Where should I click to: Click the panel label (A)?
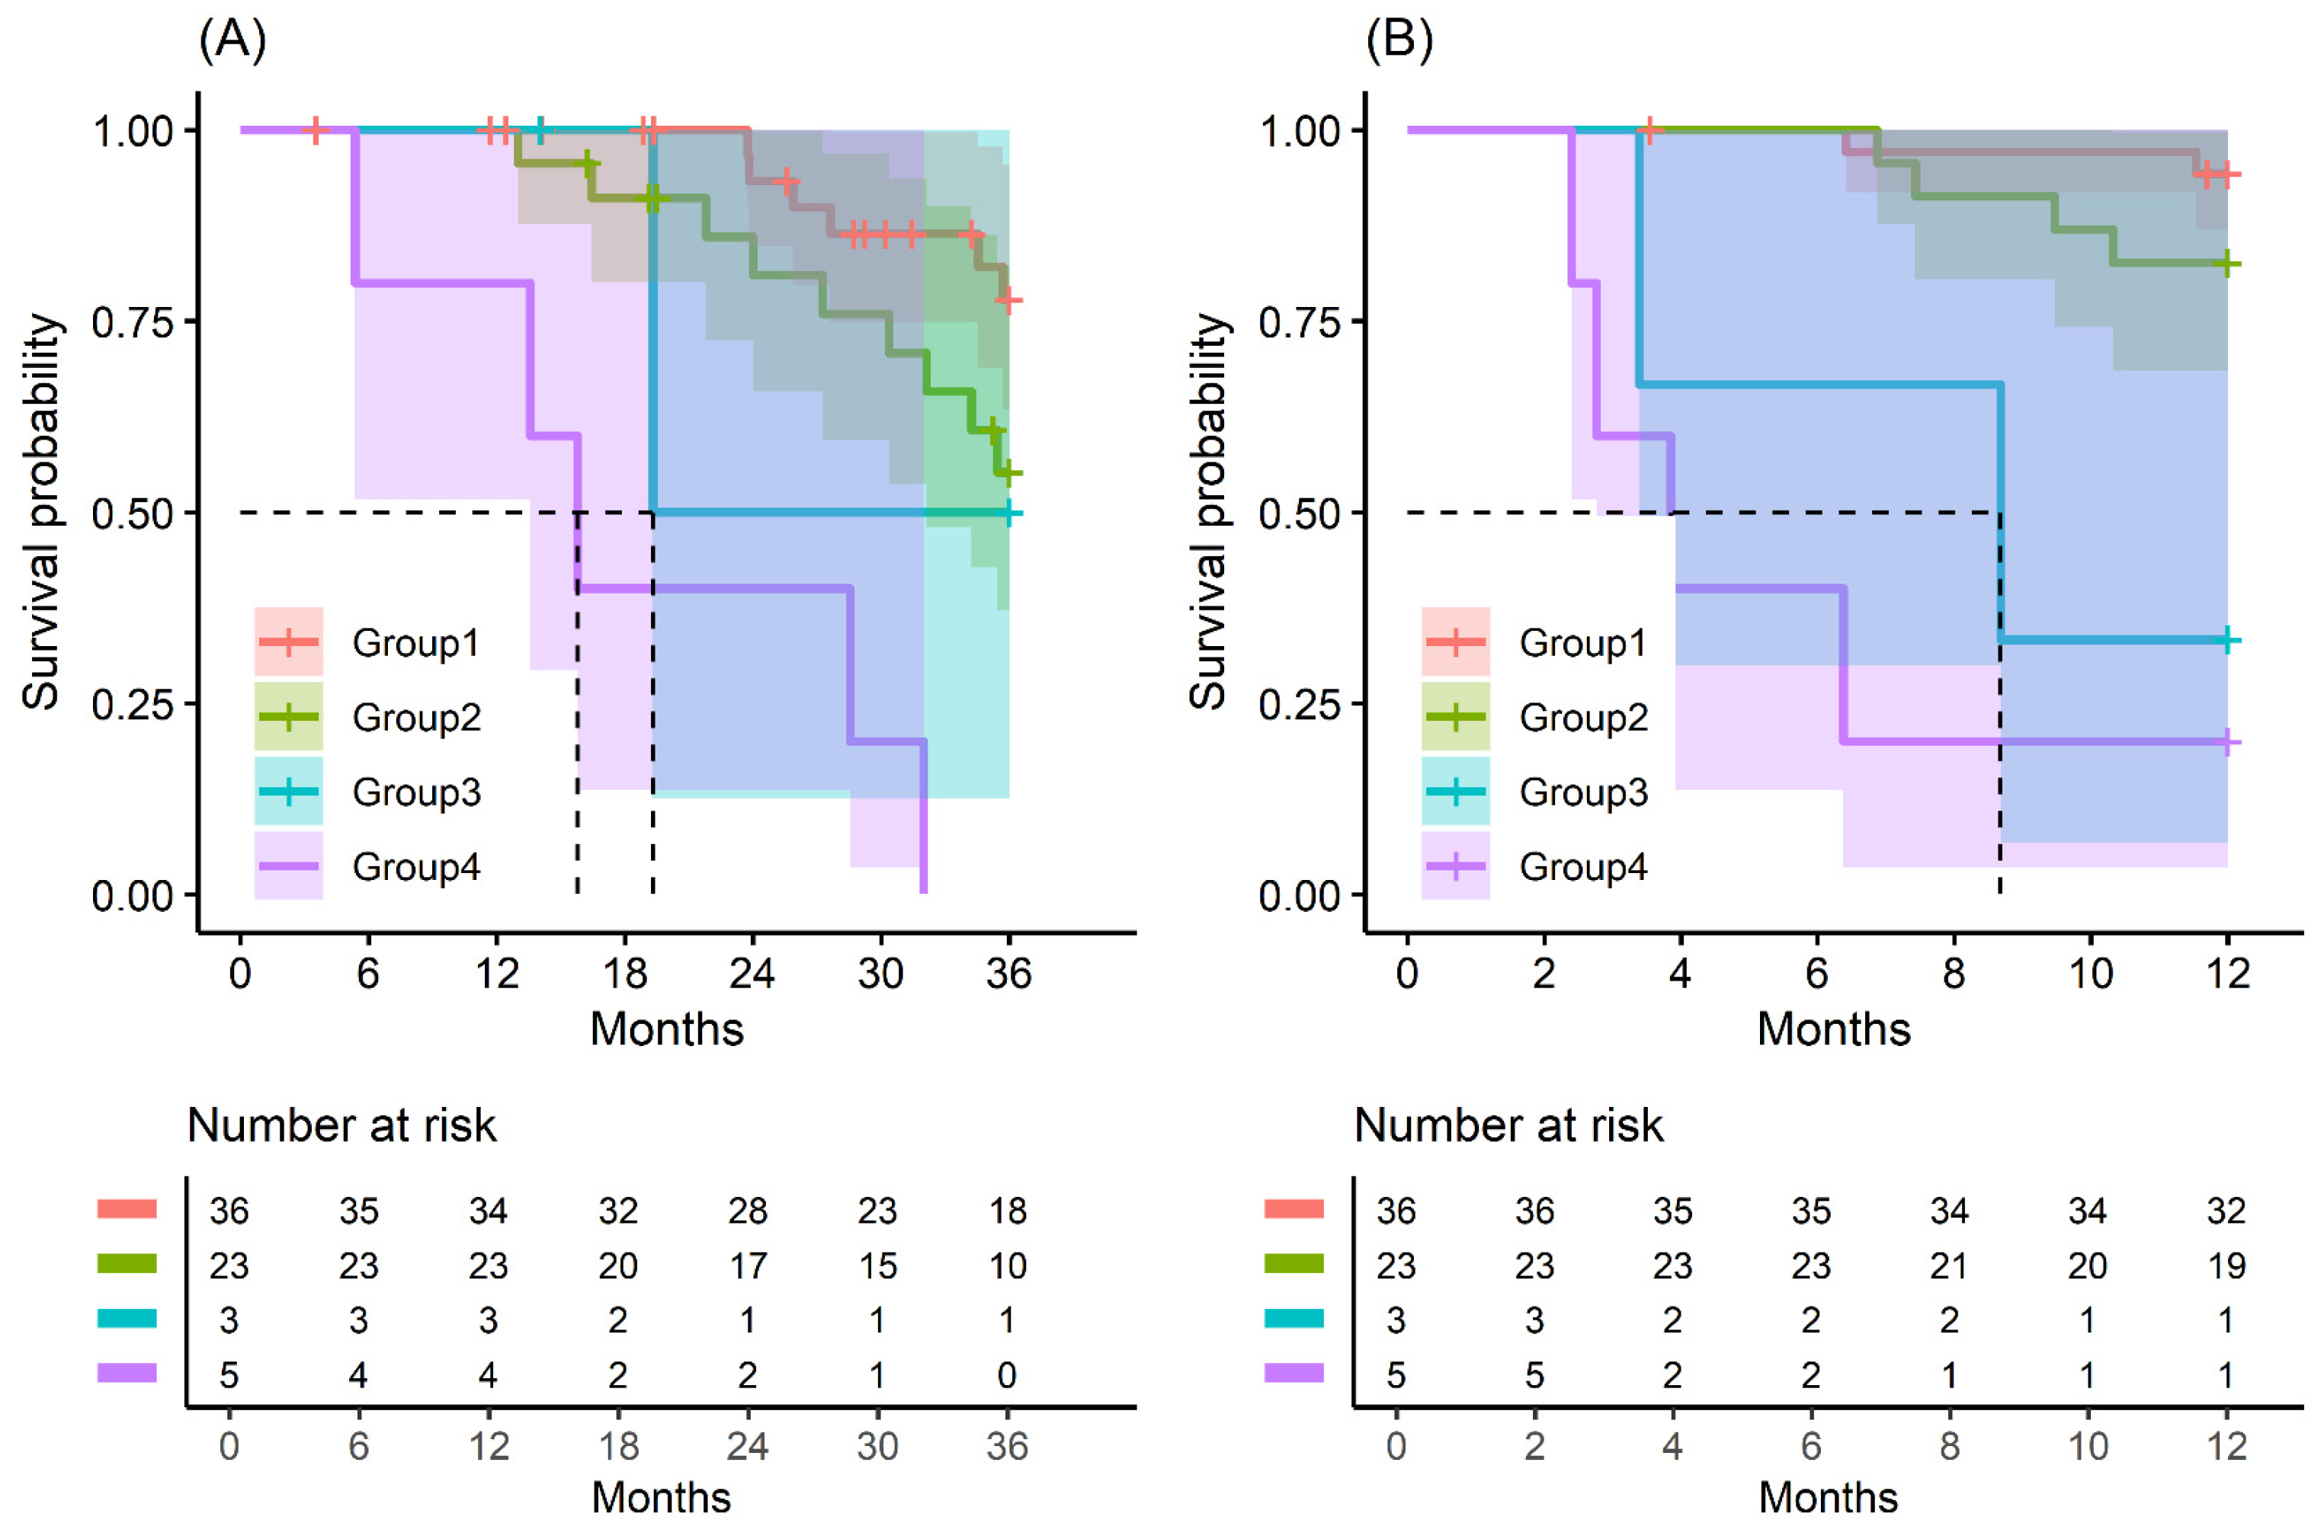[x=232, y=40]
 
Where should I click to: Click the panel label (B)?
[x=1399, y=40]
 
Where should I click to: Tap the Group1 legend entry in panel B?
[x=1582, y=643]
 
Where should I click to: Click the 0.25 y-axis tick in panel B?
[x=1300, y=704]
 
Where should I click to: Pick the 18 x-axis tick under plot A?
[x=624, y=974]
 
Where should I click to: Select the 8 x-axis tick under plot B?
[x=1954, y=974]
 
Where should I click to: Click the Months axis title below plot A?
[x=667, y=1029]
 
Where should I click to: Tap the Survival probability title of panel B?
[x=1207, y=511]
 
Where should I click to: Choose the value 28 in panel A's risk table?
[x=747, y=1211]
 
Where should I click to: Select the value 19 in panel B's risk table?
[x=2226, y=1266]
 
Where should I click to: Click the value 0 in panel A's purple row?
[x=1006, y=1376]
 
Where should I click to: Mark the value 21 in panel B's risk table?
[x=1949, y=1266]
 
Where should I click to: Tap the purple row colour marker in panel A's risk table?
[x=127, y=1373]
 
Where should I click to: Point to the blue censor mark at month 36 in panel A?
[x=1009, y=512]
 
